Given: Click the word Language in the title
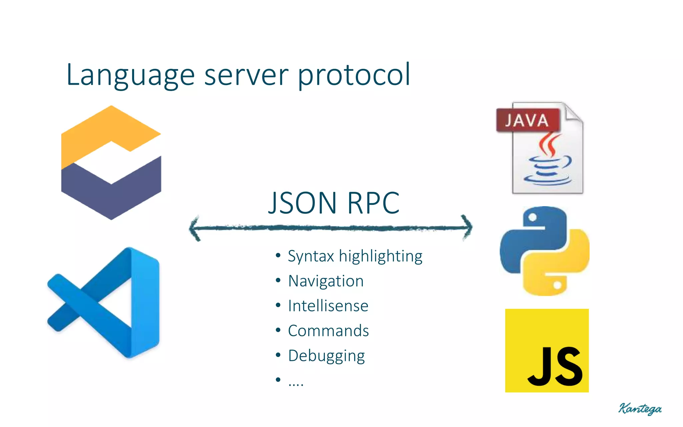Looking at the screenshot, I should (130, 75).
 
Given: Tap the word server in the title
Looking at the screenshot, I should (246, 75).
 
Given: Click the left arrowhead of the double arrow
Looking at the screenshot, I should (195, 228).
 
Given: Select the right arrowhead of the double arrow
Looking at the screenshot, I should (468, 228).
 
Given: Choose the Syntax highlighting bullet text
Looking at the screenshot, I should (355, 256).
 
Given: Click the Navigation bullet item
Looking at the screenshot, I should (325, 281).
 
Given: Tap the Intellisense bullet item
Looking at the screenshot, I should (328, 306).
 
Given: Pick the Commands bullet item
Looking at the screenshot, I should (328, 331).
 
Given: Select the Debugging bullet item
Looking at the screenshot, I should (326, 356).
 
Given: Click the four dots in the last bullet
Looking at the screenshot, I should (295, 384).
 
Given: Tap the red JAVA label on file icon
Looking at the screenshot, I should (527, 120).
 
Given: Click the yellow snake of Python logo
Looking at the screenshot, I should (564, 267).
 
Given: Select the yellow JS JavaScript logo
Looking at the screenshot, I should (547, 350).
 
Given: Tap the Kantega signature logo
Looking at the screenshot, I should (640, 408).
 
